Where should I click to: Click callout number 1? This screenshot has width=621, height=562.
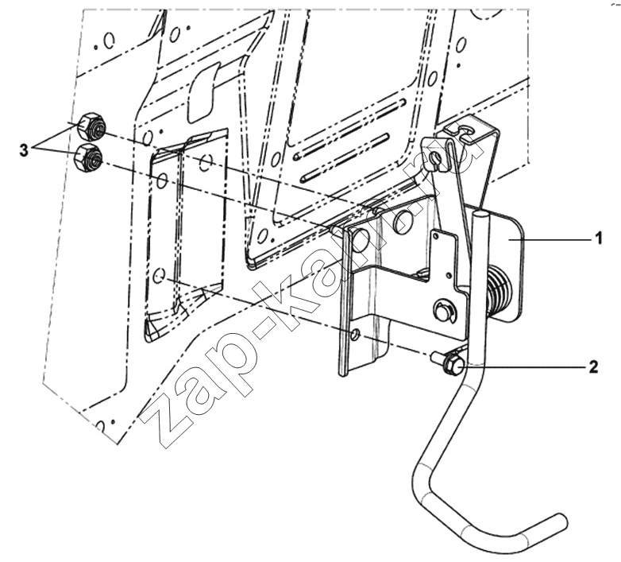click(598, 239)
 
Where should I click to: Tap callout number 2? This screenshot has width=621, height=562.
click(593, 367)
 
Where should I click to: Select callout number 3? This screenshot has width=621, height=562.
click(24, 150)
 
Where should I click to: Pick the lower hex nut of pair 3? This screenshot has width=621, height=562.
click(88, 158)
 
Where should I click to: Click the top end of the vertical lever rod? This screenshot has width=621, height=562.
click(480, 215)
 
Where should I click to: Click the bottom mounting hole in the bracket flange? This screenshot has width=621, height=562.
click(355, 335)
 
